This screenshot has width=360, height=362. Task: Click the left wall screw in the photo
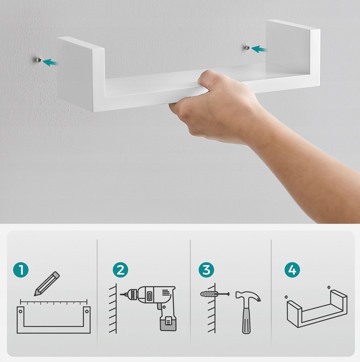pyautogui.click(x=39, y=60)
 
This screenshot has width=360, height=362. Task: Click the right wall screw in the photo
pyautogui.click(x=247, y=48)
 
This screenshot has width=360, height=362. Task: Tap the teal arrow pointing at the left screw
pyautogui.click(x=51, y=62)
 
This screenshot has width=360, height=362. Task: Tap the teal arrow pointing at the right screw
pyautogui.click(x=259, y=49)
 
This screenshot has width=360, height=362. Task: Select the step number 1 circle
pyautogui.click(x=21, y=269)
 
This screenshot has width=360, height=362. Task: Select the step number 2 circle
pyautogui.click(x=121, y=269)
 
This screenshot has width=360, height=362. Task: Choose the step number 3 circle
pyautogui.click(x=206, y=269)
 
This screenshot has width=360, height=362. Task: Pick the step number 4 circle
pyautogui.click(x=292, y=269)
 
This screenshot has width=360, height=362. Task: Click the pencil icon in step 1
pyautogui.click(x=47, y=284)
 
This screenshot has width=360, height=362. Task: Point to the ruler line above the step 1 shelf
pyautogui.click(x=54, y=302)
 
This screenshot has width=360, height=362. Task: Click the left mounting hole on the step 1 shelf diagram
pyautogui.click(x=21, y=311)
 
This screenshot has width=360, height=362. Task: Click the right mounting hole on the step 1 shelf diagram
pyautogui.click(x=87, y=311)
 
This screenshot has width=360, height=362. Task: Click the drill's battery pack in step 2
pyautogui.click(x=168, y=323)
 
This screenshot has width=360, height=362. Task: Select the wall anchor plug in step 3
pyautogui.click(x=209, y=294)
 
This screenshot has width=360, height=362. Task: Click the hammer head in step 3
pyautogui.click(x=249, y=297)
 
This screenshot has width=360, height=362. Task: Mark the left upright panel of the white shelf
pyautogui.click(x=81, y=74)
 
